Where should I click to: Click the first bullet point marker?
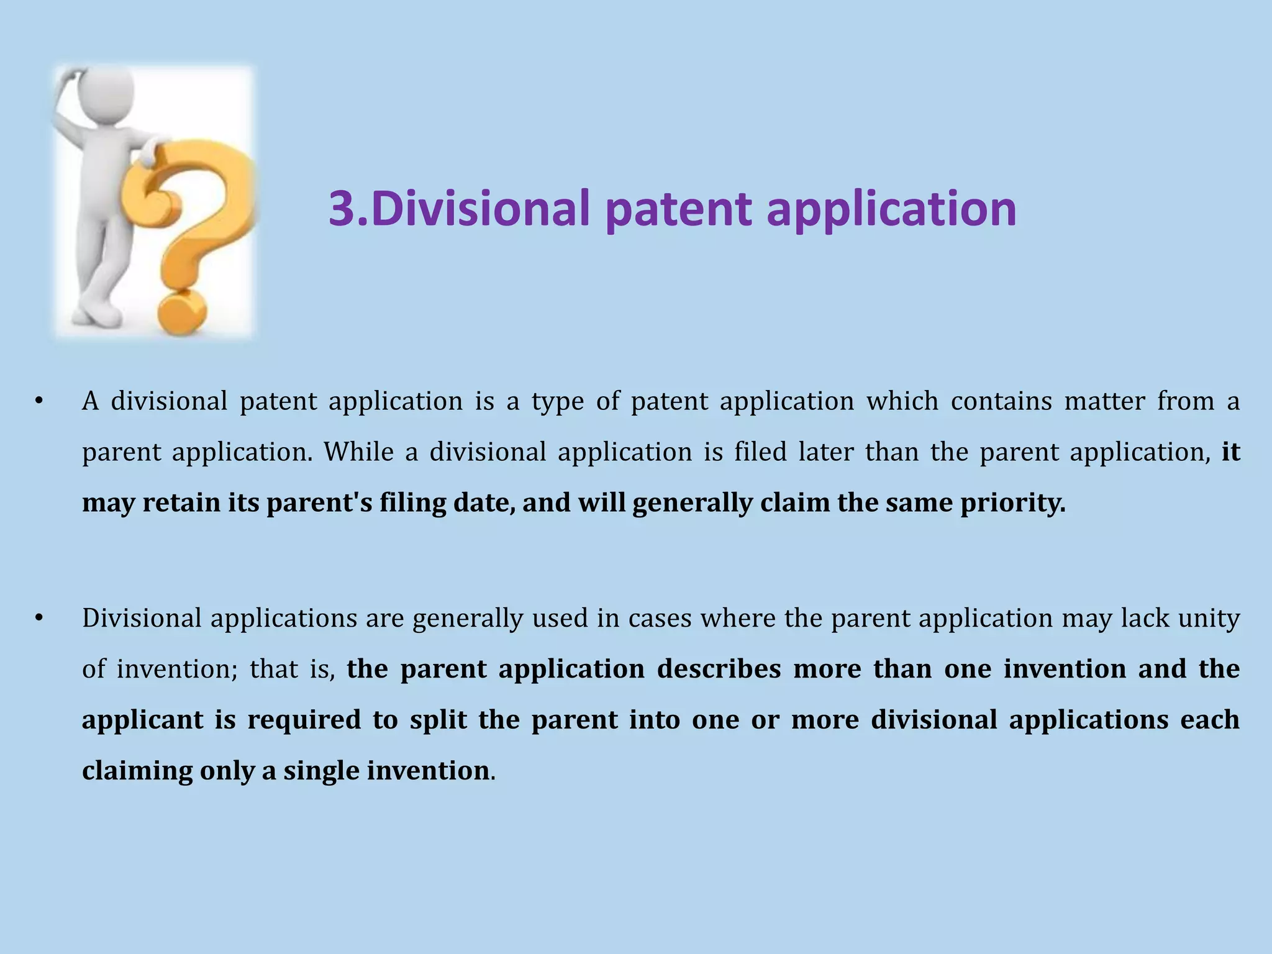point(39,401)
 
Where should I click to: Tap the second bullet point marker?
point(39,618)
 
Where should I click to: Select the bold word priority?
point(1013,502)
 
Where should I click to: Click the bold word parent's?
point(319,502)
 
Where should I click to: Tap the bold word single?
point(321,771)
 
